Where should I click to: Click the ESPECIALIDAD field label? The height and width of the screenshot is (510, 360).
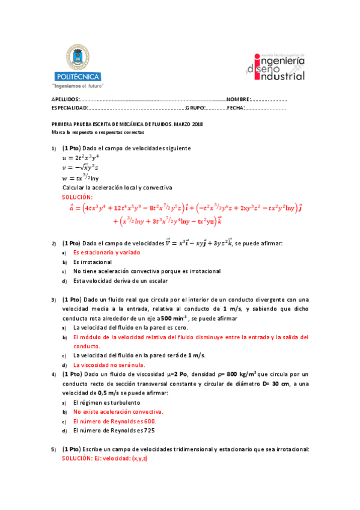(70, 108)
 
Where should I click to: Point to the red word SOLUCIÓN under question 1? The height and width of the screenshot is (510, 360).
(78, 197)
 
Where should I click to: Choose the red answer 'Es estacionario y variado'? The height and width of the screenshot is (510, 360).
(106, 253)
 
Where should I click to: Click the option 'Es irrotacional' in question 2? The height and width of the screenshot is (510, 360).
(93, 262)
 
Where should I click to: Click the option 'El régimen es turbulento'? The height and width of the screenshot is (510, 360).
(106, 402)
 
